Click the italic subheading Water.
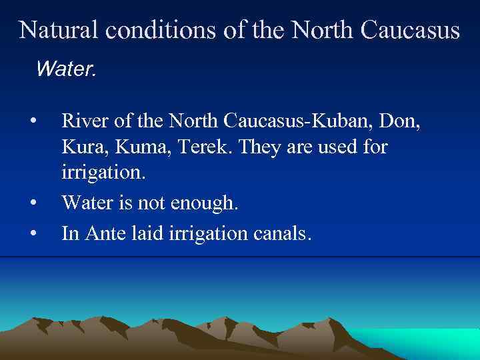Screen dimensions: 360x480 click(x=67, y=68)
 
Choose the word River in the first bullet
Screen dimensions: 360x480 click(x=83, y=121)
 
